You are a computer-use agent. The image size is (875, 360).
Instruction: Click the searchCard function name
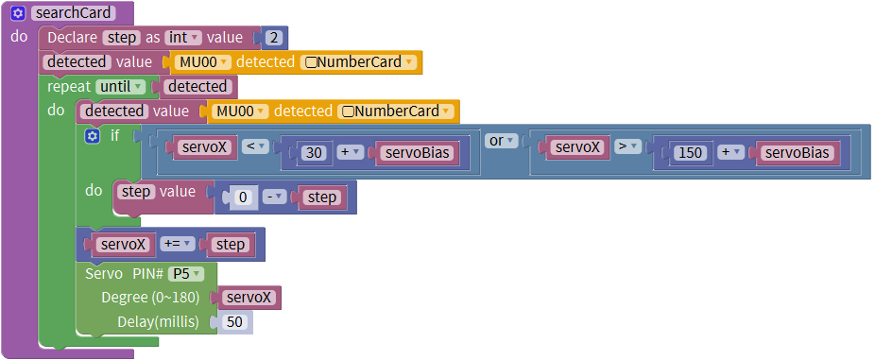73,13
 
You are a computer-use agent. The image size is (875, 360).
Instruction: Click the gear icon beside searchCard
18,13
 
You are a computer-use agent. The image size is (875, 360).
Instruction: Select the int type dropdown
182,38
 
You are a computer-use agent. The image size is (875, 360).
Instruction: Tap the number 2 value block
273,38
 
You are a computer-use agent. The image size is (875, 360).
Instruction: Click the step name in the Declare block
122,38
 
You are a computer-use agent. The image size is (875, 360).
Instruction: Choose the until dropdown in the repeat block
121,87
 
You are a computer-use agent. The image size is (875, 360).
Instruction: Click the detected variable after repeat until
197,87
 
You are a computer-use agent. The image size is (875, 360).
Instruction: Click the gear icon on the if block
93,136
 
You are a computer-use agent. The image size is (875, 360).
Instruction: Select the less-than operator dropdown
255,146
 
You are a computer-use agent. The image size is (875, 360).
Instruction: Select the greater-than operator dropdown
627,146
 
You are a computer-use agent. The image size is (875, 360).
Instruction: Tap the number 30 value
314,152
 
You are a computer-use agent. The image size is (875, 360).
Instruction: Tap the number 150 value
691,152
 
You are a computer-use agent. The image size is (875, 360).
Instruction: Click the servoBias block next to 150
797,152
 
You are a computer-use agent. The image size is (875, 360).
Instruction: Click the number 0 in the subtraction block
243,197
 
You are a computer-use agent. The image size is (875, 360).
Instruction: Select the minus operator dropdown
275,197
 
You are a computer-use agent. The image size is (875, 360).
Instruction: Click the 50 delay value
234,322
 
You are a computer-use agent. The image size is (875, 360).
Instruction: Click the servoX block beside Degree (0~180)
249,298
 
